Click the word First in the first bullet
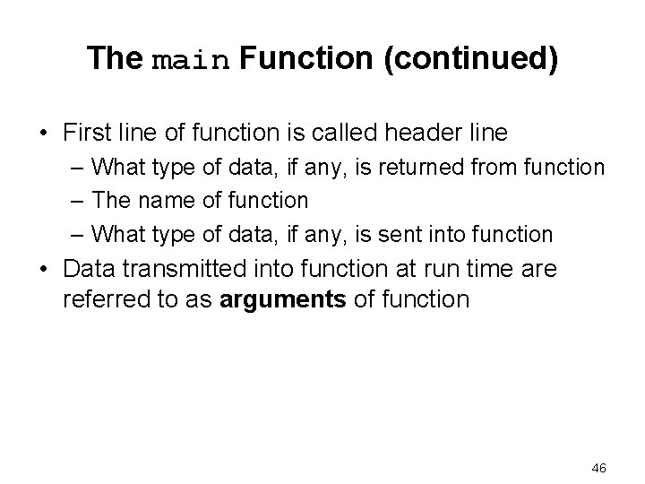(87, 133)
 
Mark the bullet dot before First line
(44, 134)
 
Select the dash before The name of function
(78, 201)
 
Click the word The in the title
(115, 59)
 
